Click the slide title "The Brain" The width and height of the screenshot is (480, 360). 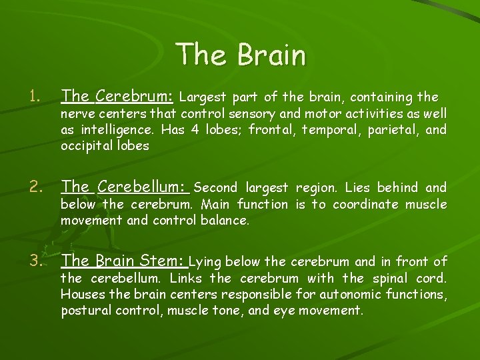[241, 55]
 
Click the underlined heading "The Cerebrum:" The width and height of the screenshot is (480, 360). [117, 97]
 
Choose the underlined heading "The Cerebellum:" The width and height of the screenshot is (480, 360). [126, 188]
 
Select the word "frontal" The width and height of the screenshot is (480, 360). [270, 130]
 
